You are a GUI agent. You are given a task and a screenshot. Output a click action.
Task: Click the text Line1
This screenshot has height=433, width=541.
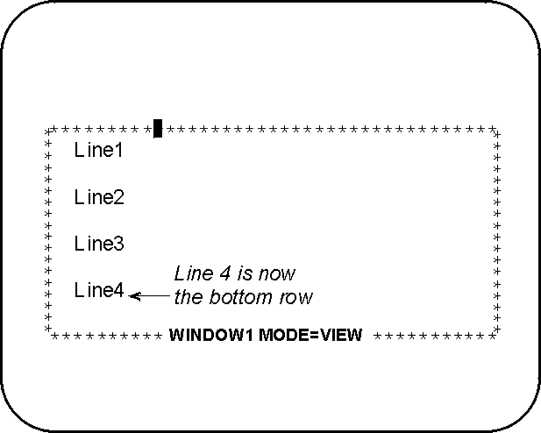[98, 150]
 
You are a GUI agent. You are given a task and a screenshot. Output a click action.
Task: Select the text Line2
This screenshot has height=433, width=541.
[99, 197]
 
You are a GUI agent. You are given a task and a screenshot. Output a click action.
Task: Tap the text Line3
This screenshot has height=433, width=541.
[99, 244]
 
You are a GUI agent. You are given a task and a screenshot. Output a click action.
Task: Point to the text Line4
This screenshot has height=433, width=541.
[99, 290]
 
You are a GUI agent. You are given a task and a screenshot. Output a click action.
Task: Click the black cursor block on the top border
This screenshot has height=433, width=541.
[158, 128]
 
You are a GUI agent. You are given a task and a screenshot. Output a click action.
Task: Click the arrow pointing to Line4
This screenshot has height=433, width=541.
[149, 296]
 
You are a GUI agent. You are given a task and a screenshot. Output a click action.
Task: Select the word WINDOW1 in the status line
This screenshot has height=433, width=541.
[211, 335]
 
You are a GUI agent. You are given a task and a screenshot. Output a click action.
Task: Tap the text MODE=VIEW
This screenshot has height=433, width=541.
[310, 335]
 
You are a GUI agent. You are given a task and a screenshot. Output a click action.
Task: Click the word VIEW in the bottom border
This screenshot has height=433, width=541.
[341, 335]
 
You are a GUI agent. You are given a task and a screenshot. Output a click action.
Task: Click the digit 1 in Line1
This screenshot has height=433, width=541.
[118, 151]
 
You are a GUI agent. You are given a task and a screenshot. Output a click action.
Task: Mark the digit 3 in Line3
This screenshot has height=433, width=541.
[118, 244]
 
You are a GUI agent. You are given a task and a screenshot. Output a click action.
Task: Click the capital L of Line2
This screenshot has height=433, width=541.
[80, 197]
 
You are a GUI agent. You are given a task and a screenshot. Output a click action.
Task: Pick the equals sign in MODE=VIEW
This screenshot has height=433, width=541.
[314, 336]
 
